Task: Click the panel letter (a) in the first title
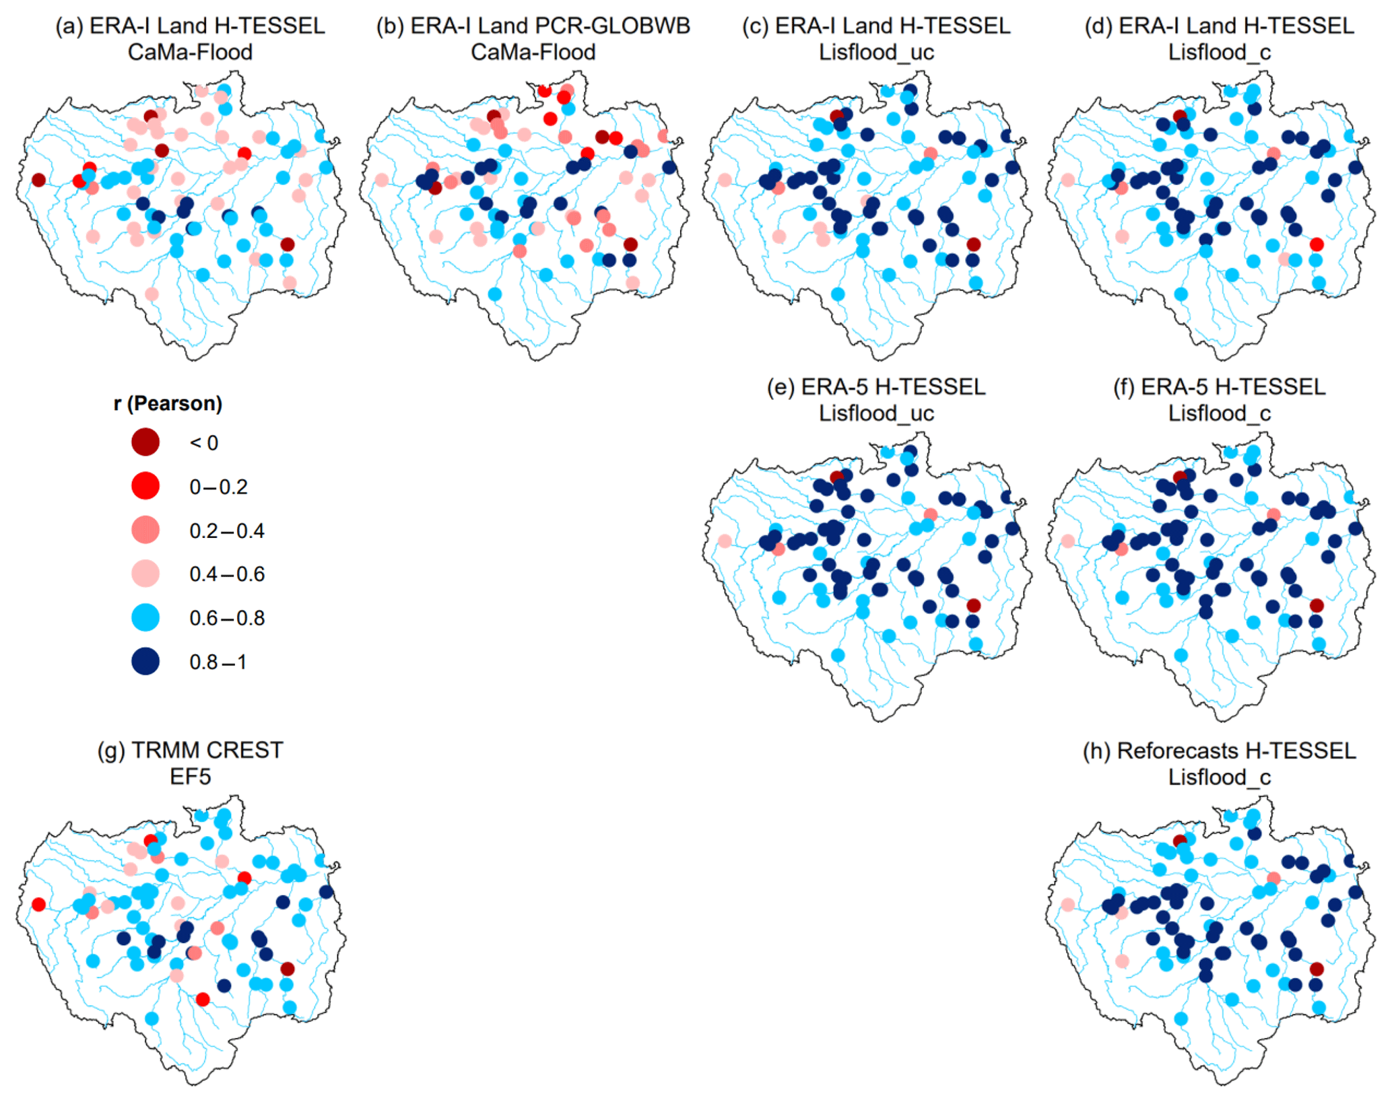69,26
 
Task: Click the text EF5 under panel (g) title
190,776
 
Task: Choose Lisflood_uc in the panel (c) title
876,53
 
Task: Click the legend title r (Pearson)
168,403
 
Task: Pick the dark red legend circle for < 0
145,442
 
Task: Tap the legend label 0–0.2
218,487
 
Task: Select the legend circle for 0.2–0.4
145,530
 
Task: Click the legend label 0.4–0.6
227,574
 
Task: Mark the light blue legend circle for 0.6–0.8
145,618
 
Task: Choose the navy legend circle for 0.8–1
145,662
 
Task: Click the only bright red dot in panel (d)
1317,244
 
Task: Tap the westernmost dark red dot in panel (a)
39,180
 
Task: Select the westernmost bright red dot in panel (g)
39,905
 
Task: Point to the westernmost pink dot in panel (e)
725,541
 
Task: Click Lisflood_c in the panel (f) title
1219,413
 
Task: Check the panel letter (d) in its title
1098,26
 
